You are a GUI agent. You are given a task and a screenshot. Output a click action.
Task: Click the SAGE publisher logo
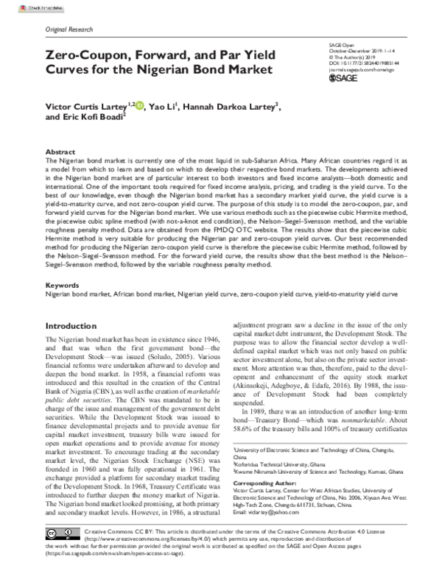(x=345, y=77)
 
